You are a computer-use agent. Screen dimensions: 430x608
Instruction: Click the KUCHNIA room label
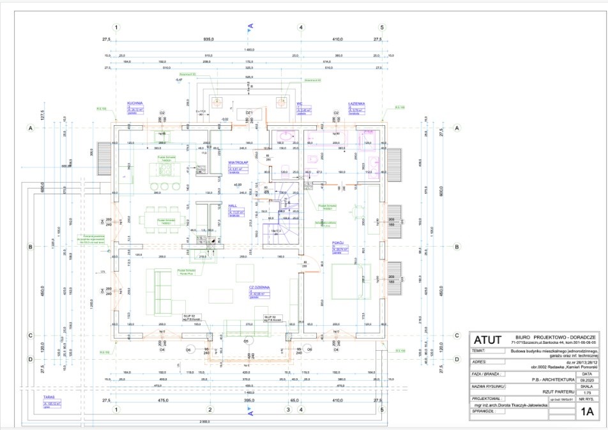tap(134, 102)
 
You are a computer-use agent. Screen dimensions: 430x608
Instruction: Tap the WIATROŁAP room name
tap(238, 162)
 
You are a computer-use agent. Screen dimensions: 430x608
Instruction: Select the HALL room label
tap(233, 206)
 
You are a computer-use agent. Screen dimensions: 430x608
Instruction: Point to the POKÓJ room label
tap(338, 243)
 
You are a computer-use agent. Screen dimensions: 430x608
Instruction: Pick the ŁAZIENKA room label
tap(356, 103)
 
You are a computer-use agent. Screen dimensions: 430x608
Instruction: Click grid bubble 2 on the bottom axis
tap(209, 409)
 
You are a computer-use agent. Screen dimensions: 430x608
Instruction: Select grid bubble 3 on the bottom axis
tap(288, 409)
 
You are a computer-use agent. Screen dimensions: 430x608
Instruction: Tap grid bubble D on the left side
tap(29, 359)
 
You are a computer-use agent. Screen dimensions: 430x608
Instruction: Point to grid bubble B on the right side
tap(457, 247)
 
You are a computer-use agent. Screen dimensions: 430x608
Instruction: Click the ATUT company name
tap(489, 339)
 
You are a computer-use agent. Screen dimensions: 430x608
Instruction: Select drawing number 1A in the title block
tap(587, 412)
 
